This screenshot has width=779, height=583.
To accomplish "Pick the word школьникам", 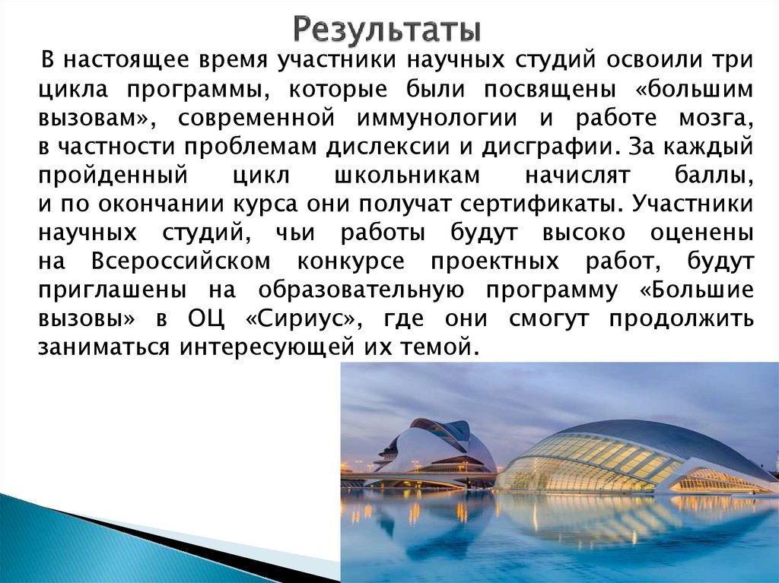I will point(407,174).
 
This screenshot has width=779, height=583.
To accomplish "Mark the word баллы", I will point(714,174).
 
